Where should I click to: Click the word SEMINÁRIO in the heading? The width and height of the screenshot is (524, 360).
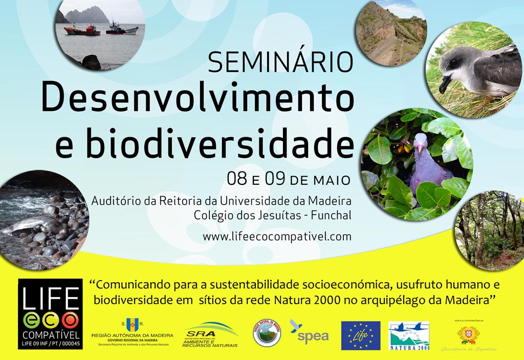[280, 62]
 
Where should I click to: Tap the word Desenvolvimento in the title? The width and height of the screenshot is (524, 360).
[197, 97]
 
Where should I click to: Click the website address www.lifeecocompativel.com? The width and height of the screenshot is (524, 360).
[277, 237]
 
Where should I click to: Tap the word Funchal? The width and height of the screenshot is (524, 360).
[331, 216]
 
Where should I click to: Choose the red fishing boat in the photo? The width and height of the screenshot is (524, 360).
[82, 31]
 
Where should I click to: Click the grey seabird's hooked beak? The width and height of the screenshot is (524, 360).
[444, 85]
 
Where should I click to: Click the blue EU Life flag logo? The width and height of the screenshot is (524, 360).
[360, 335]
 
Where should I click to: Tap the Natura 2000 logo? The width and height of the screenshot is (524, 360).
[408, 336]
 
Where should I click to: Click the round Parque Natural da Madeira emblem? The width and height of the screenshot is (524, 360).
[267, 333]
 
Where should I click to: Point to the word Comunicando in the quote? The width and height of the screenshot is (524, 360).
[125, 285]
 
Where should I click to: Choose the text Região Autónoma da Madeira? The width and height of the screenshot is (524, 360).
[132, 335]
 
